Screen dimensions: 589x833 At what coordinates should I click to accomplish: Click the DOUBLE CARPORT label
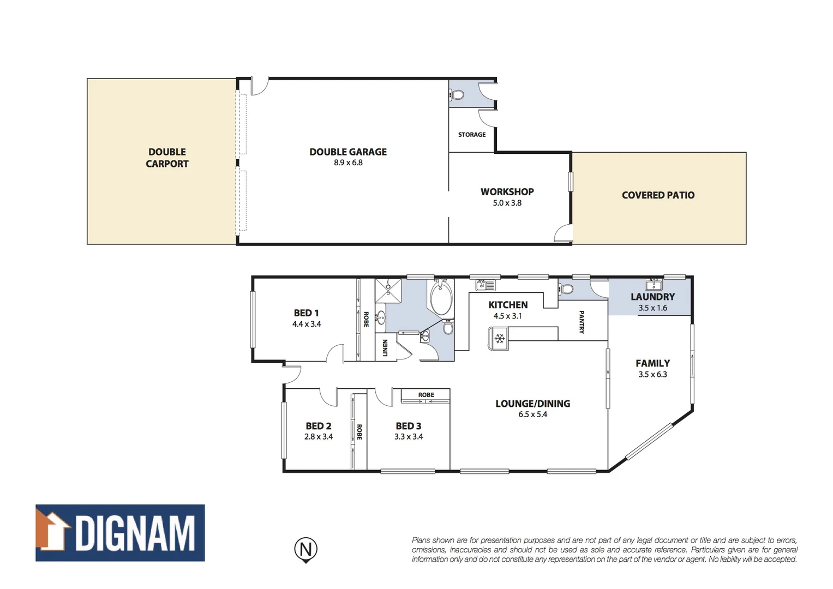point(167,158)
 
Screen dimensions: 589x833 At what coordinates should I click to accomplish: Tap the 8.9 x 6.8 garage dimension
point(348,163)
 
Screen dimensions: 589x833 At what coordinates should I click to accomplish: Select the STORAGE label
point(472,135)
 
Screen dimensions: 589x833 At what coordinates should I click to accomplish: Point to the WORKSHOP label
point(507,192)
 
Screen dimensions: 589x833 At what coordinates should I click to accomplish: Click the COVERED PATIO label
point(658,195)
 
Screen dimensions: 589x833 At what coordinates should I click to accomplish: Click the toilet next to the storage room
point(457,95)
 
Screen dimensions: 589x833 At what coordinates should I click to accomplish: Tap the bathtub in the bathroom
point(441,298)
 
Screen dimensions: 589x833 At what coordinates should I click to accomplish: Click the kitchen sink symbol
point(485,285)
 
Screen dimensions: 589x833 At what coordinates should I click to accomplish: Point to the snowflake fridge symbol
point(499,339)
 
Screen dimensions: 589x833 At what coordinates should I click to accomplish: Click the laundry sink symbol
point(653,284)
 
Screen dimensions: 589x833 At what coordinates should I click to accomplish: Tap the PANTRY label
point(582,322)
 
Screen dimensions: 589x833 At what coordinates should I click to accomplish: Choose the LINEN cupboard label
point(385,347)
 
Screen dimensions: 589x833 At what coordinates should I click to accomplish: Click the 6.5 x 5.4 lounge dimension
point(532,414)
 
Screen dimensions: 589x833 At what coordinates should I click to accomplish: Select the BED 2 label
point(318,426)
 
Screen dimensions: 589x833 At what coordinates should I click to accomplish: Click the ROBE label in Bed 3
point(426,395)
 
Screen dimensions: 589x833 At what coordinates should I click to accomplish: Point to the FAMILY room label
point(652,363)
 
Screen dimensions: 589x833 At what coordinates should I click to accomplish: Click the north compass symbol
point(306,549)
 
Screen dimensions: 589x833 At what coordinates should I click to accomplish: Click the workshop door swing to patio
point(564,234)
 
